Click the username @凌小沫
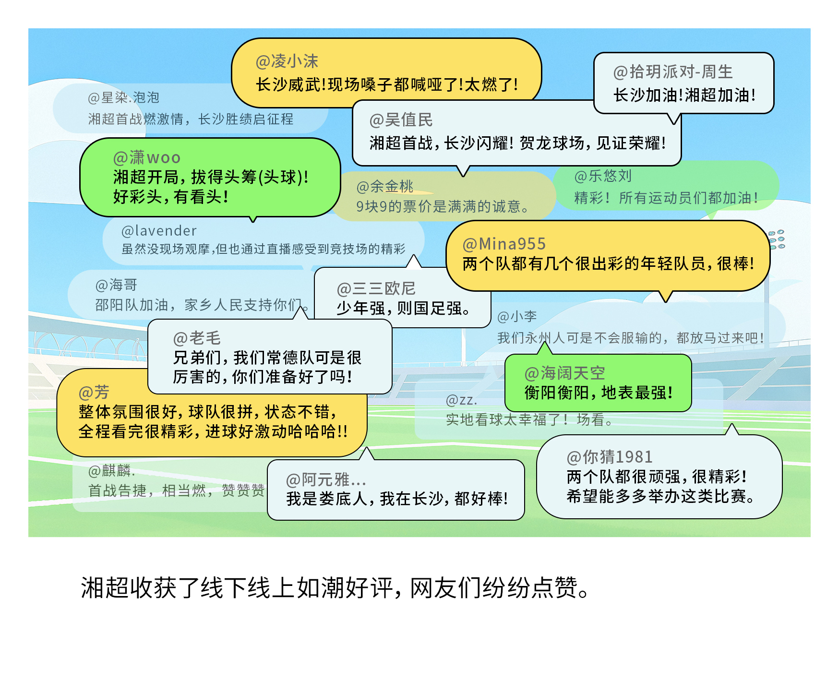(x=287, y=61)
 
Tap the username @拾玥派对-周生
(x=673, y=72)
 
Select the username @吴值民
(x=401, y=120)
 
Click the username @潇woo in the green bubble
(x=147, y=157)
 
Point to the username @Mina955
(x=504, y=244)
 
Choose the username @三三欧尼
(x=376, y=288)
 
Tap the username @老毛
(x=197, y=338)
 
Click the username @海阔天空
(x=564, y=373)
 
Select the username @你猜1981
(x=610, y=457)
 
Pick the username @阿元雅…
(x=326, y=479)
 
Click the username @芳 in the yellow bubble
(x=94, y=392)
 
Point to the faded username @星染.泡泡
(x=123, y=98)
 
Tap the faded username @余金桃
(x=384, y=186)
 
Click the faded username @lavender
(x=159, y=231)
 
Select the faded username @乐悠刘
(x=603, y=176)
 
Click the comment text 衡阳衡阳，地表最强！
(x=599, y=393)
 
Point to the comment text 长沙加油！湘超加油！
(x=684, y=95)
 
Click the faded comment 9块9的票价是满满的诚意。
(x=443, y=206)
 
